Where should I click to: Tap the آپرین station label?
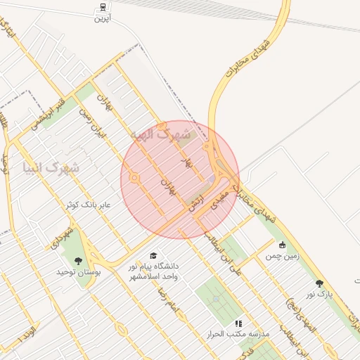[x=103, y=19]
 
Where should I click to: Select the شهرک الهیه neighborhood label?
[x=161, y=132]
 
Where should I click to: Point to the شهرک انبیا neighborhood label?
[x=51, y=168]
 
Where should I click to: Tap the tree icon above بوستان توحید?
[x=78, y=261]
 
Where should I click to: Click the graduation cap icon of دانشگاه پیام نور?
[x=153, y=255]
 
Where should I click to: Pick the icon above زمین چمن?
[x=283, y=245]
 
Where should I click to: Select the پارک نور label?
[x=320, y=294]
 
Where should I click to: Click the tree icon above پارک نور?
[x=320, y=283]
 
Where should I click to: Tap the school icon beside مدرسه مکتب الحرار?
[x=238, y=323]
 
